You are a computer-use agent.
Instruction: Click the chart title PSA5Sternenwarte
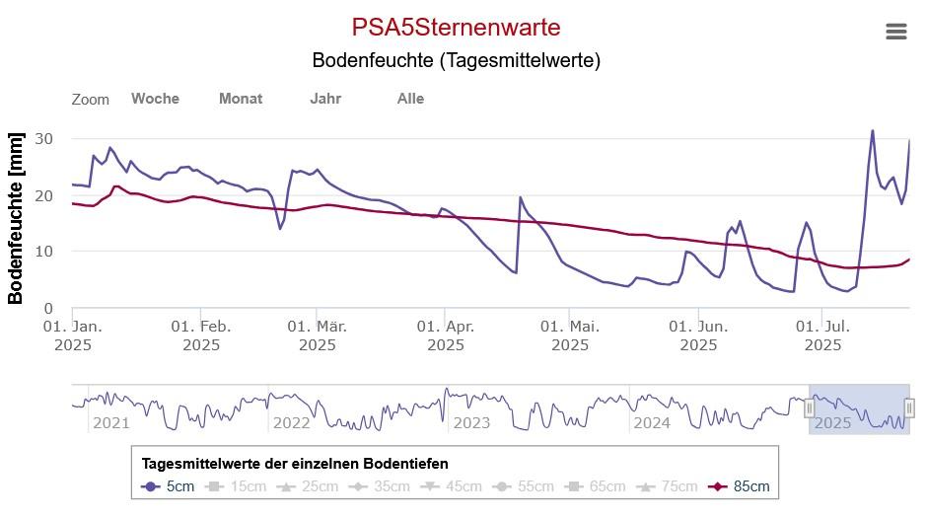click(x=456, y=27)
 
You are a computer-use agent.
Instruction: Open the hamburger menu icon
click(x=895, y=32)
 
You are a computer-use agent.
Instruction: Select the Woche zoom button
click(x=155, y=99)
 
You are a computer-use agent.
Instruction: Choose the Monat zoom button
click(x=241, y=99)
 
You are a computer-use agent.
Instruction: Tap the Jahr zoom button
click(x=325, y=99)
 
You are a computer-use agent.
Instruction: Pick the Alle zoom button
click(x=410, y=99)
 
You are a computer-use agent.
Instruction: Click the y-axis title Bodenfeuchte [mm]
click(x=16, y=217)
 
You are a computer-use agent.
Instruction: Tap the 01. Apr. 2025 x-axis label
click(x=446, y=335)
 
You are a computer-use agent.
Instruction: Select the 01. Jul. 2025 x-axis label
click(x=823, y=335)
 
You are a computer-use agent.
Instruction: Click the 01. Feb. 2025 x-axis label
click(x=201, y=335)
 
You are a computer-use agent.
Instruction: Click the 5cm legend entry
click(x=170, y=486)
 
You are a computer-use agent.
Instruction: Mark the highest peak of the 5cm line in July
click(x=872, y=130)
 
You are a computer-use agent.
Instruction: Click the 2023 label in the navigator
click(x=471, y=423)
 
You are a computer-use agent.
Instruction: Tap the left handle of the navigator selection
click(x=810, y=408)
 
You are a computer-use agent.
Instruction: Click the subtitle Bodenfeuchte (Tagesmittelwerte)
click(x=456, y=60)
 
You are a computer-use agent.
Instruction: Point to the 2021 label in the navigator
click(x=110, y=423)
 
